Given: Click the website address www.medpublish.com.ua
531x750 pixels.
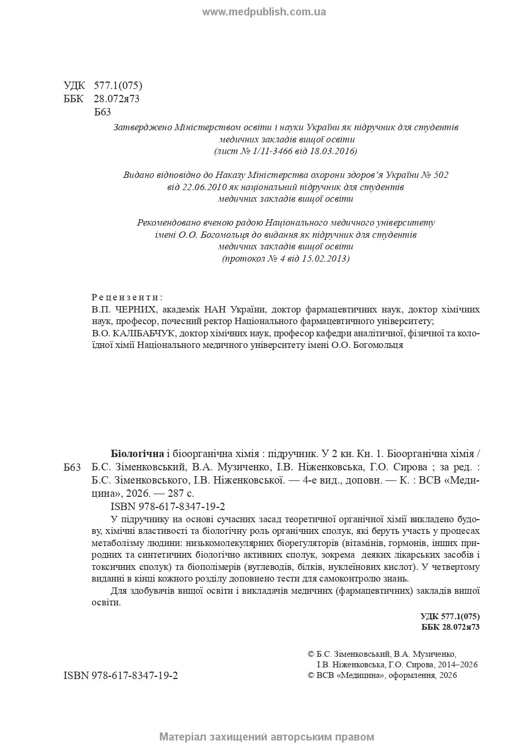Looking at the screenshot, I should (264, 12).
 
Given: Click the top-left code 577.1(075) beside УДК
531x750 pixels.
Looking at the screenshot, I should (118, 86).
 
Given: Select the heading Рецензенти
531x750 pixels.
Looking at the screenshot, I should (127, 297).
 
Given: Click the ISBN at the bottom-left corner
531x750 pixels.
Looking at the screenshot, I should (121, 676).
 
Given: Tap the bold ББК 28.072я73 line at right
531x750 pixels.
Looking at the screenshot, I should (451, 627).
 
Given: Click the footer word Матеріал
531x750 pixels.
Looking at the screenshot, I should (183, 737).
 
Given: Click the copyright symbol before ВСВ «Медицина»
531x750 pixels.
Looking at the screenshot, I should (311, 675).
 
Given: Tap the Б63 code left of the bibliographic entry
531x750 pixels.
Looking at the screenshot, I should (72, 467).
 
